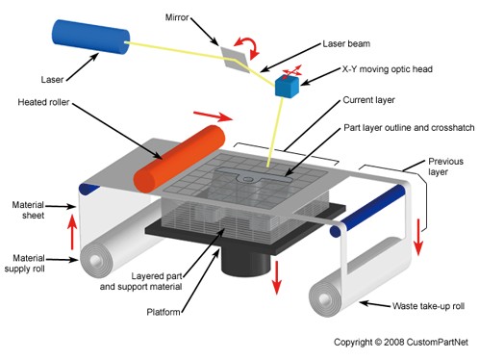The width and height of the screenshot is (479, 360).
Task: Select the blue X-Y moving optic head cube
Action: pos(287,86)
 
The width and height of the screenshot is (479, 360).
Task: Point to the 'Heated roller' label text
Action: pos(46,100)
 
